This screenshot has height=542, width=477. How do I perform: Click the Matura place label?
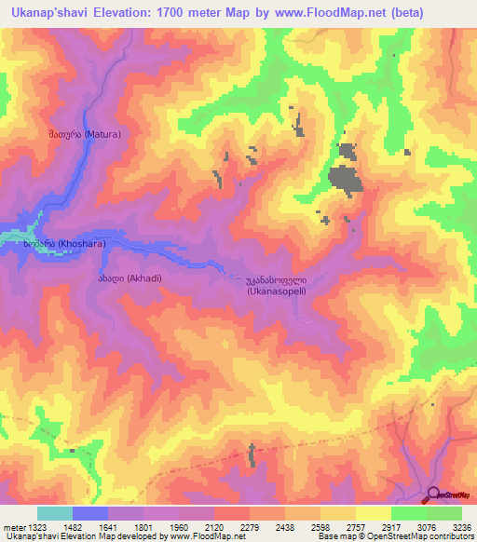pyautogui.click(x=79, y=134)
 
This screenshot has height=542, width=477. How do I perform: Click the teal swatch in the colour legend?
pyautogui.click(x=54, y=513)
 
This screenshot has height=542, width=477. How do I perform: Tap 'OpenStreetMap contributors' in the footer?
pyautogui.click(x=426, y=537)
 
